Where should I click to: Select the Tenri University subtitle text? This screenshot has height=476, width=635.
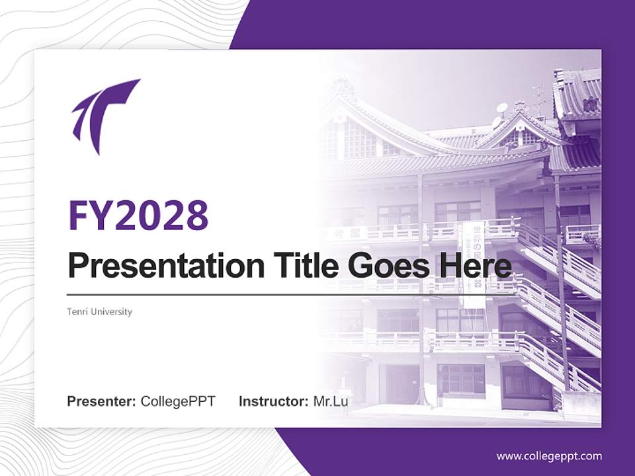pyautogui.click(x=99, y=311)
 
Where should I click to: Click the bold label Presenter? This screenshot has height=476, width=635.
pyautogui.click(x=101, y=401)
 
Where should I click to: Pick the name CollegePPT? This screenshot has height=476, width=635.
pyautogui.click(x=178, y=401)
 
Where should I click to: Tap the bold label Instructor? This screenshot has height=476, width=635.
pyautogui.click(x=273, y=401)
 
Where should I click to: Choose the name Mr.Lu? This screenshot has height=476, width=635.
pyautogui.click(x=331, y=401)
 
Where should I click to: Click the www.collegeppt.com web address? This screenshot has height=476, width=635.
pyautogui.click(x=549, y=456)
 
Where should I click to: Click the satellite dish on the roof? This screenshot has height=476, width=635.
pyautogui.click(x=502, y=108)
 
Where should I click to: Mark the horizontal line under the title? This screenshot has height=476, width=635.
pyautogui.click(x=265, y=294)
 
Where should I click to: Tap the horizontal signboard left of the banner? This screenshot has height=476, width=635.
pyautogui.click(x=344, y=233)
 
